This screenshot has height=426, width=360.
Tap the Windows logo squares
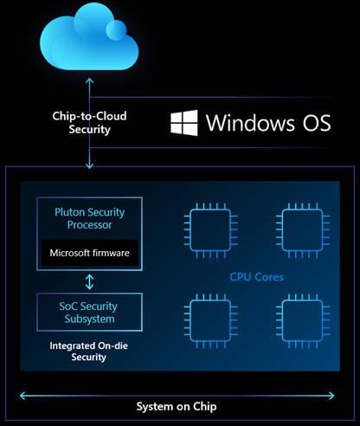tap(183, 122)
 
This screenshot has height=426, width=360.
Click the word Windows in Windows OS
tap(250, 122)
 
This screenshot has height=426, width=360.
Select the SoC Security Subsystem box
tap(89, 313)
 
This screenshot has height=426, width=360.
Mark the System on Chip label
tap(179, 406)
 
